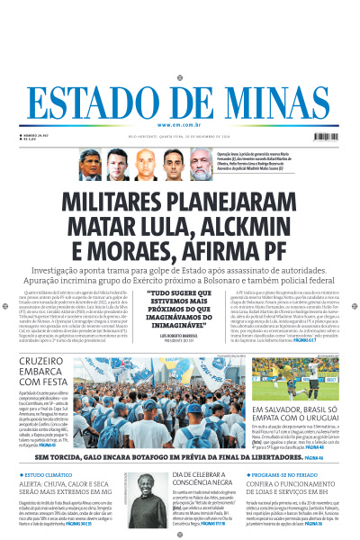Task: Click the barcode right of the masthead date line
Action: click(331, 138)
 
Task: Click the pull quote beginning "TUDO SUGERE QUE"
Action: click(179, 306)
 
